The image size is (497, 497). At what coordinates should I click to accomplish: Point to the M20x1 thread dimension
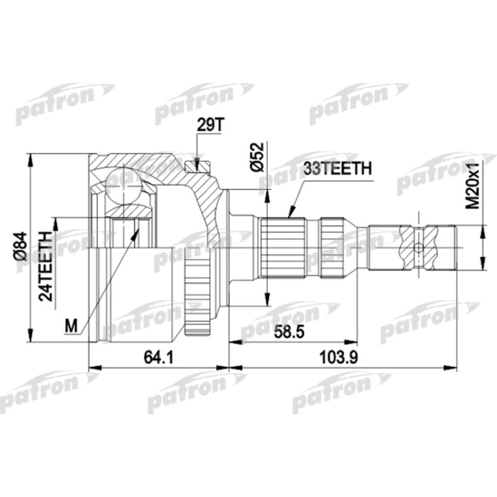coord(471,186)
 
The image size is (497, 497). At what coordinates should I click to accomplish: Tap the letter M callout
coord(70,326)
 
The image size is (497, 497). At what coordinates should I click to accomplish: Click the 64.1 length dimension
coord(159,358)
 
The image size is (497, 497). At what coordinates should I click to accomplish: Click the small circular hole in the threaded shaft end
coord(419,248)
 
